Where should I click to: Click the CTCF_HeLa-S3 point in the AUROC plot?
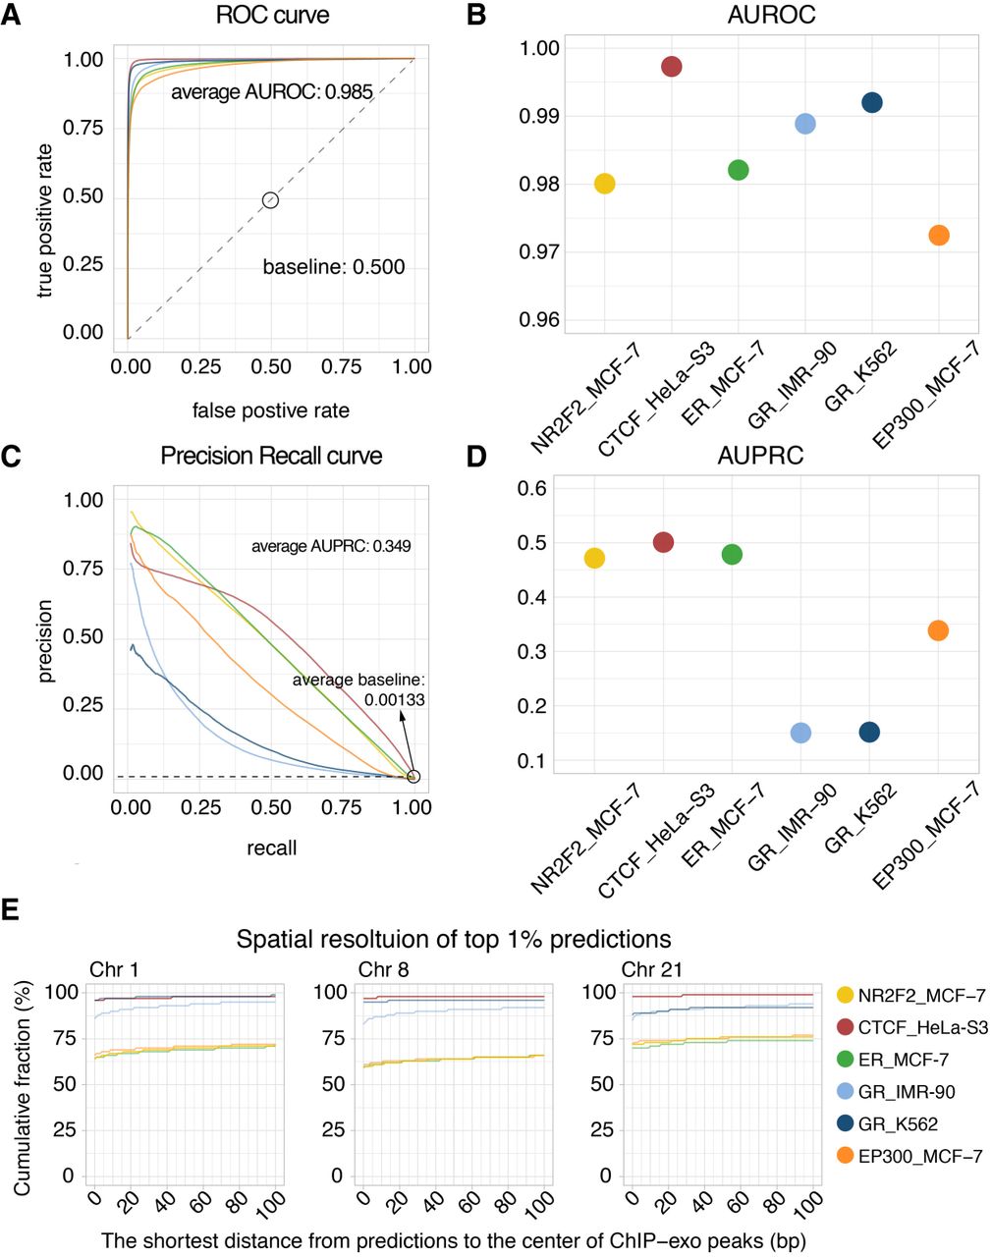(672, 67)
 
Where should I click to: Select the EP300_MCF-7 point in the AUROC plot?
(939, 236)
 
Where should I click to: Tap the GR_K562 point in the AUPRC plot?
(869, 733)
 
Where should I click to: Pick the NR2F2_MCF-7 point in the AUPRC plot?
(594, 559)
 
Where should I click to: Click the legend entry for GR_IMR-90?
(906, 1092)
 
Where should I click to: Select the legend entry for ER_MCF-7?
(904, 1060)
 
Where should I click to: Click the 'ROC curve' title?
(273, 17)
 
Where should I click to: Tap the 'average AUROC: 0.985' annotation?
(272, 92)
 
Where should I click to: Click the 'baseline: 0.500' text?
(334, 267)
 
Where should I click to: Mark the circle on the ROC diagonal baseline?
(271, 200)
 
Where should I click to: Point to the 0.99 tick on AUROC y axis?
(538, 117)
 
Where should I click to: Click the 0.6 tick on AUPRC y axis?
(537, 488)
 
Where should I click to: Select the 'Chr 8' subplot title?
(383, 970)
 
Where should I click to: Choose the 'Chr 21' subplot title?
(652, 970)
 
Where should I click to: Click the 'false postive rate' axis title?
(271, 410)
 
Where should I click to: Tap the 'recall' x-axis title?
(271, 847)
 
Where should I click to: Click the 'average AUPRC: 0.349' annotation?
(331, 546)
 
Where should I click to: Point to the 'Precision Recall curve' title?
(272, 457)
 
